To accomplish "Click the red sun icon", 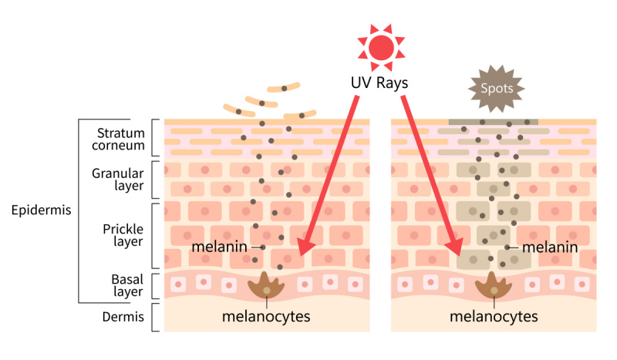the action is click(381, 47).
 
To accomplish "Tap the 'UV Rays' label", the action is click(379, 83).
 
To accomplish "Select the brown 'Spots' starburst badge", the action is click(497, 89).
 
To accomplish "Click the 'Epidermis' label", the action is click(42, 210).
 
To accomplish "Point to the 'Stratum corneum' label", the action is click(119, 139).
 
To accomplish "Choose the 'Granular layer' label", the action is click(118, 180).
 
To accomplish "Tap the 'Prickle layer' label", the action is click(123, 235).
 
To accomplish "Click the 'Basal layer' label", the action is click(127, 285).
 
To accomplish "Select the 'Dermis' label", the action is click(123, 317).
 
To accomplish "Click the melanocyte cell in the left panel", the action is click(266, 286).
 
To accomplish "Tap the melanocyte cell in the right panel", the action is click(494, 286).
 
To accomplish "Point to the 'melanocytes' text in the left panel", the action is click(266, 316).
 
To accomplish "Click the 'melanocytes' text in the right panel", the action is click(494, 316).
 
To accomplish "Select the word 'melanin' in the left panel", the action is click(220, 247).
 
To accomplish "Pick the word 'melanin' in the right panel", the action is click(550, 247).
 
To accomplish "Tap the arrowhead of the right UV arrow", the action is click(455, 245).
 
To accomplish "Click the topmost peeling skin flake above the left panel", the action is click(283, 88).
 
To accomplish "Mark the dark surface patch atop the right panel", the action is click(494, 122).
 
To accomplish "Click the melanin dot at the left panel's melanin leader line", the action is click(262, 247).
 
